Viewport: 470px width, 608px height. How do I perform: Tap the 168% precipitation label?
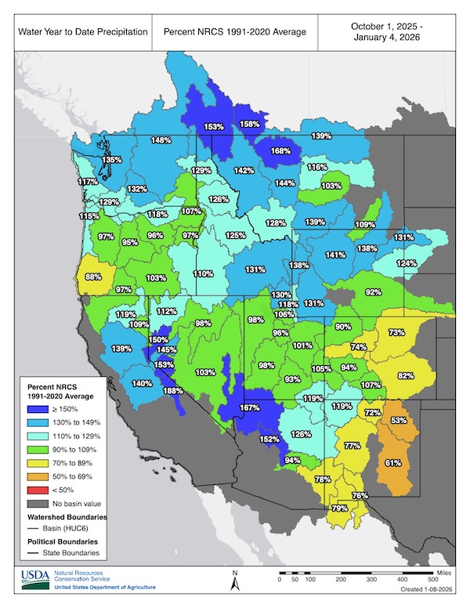coord(281,151)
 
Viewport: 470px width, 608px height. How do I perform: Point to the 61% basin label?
coord(393,462)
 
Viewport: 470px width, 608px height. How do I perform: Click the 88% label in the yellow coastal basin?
coord(93,276)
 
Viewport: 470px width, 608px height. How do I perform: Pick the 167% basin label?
coord(249,407)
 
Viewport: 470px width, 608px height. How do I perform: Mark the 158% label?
coord(250,124)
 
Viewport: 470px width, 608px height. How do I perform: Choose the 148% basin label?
coord(161,140)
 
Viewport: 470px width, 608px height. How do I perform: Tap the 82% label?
coord(405,375)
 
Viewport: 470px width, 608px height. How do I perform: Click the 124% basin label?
coord(407,262)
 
